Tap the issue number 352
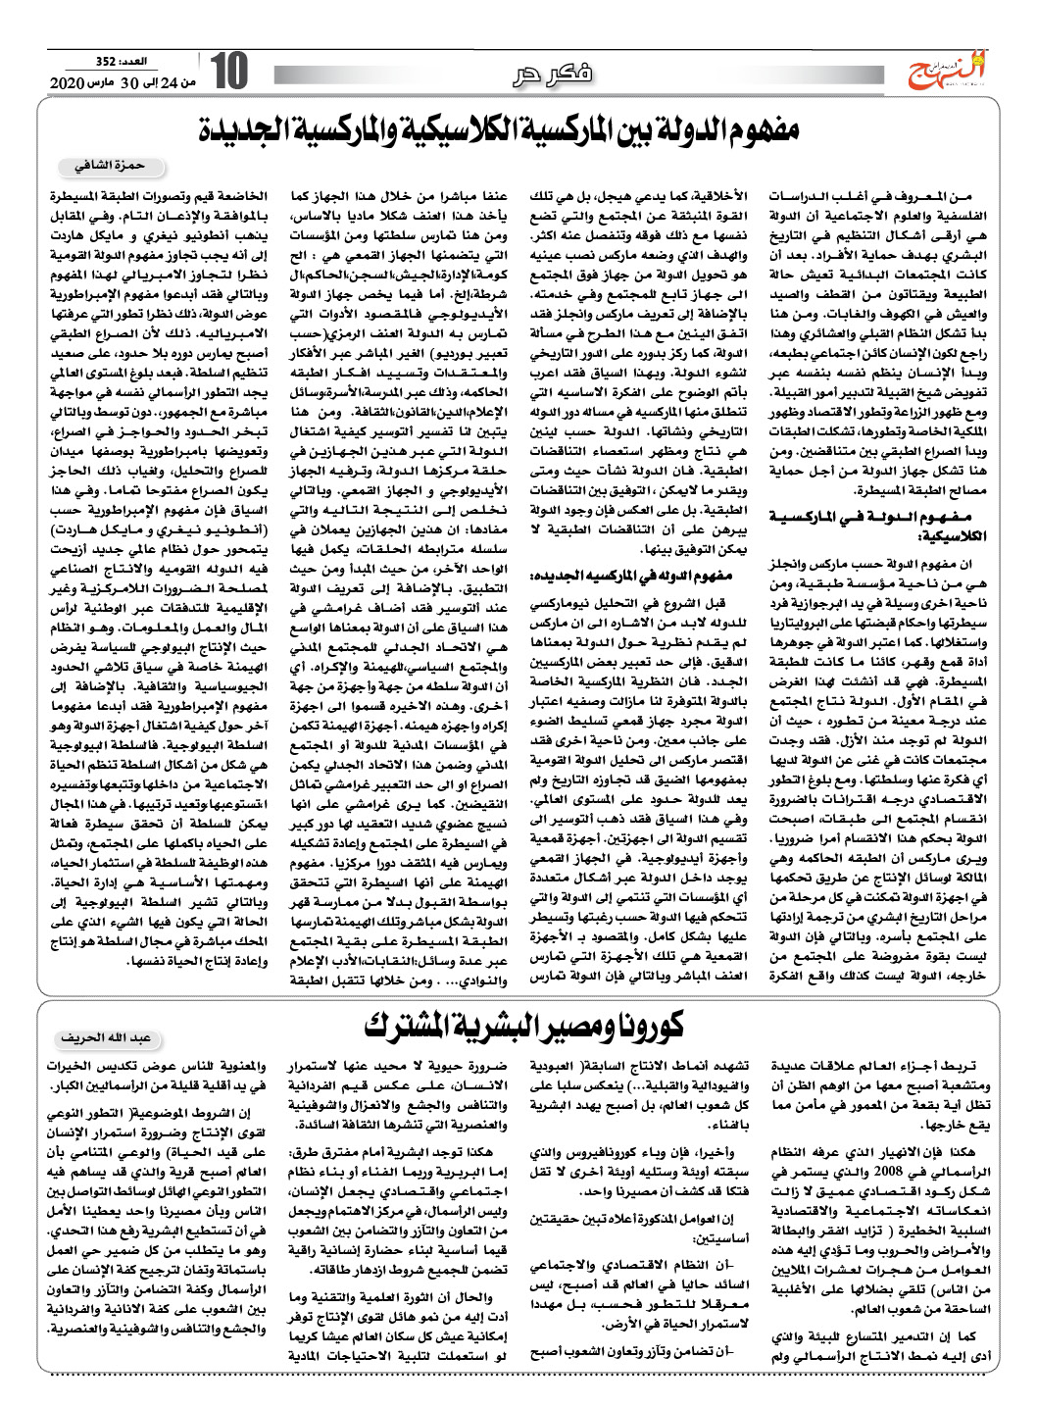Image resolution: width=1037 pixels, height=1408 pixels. (105, 62)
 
